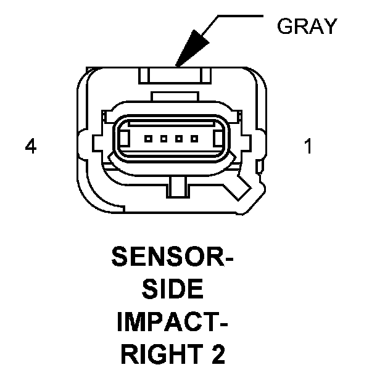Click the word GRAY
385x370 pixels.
(307, 26)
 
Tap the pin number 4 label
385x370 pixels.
(31, 146)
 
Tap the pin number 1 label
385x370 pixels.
(308, 146)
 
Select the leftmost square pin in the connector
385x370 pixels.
(148, 139)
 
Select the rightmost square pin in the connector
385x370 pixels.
(194, 139)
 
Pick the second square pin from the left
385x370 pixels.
(164, 139)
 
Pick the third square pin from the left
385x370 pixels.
(179, 139)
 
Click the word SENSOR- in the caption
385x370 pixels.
(172, 257)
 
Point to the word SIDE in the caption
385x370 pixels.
(172, 289)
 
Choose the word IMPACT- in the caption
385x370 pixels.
(172, 321)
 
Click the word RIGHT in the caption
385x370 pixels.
(162, 354)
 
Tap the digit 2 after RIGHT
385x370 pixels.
(218, 354)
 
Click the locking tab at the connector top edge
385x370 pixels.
(175, 76)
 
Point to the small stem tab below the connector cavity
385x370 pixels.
(178, 187)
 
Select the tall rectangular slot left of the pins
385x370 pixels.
(125, 139)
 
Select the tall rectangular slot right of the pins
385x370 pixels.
(218, 139)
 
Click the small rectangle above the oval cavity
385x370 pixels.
(175, 96)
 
